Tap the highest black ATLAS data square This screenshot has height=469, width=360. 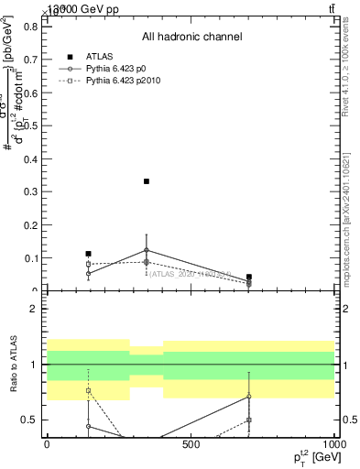(147, 181)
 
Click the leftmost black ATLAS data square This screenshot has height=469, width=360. (88, 254)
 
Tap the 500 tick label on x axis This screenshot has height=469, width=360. (191, 444)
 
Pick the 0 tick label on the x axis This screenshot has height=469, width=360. (47, 444)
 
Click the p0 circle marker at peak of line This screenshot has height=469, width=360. (147, 250)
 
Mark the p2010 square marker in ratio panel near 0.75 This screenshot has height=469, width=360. (88, 391)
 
